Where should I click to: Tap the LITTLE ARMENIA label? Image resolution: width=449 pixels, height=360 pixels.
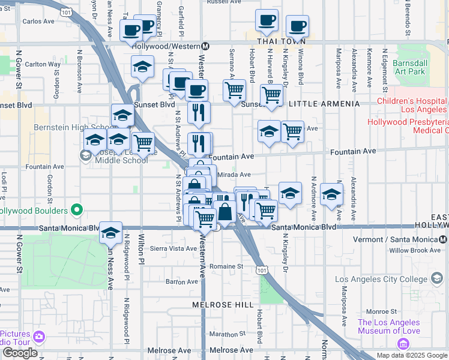(324, 104)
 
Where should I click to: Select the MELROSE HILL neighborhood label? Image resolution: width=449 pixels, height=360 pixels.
(223, 305)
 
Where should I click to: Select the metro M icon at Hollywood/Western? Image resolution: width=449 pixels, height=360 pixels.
(205, 46)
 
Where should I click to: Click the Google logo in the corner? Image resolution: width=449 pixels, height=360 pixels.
(20, 353)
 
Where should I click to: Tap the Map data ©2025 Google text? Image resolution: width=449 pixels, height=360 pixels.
(411, 355)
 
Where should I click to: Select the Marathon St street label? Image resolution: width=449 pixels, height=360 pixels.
(226, 334)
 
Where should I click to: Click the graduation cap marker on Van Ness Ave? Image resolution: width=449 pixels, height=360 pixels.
(110, 232)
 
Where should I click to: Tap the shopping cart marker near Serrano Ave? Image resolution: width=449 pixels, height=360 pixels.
(234, 91)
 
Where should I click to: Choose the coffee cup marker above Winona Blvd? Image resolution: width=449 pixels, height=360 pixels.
(297, 27)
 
